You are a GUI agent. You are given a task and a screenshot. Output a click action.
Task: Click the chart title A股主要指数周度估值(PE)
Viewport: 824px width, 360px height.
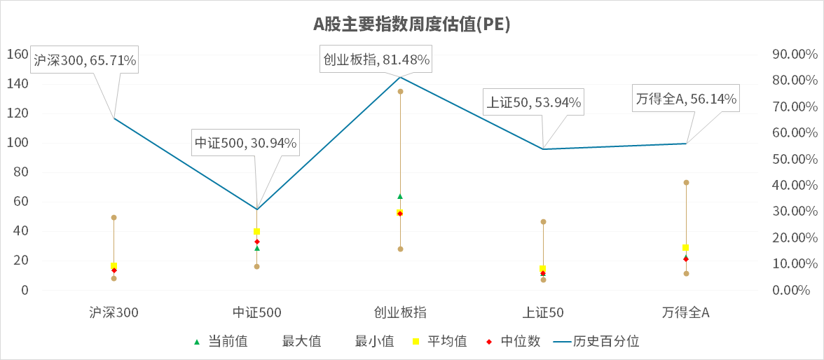[411, 25]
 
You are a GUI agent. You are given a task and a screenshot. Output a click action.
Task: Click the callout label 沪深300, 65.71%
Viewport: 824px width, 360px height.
[85, 61]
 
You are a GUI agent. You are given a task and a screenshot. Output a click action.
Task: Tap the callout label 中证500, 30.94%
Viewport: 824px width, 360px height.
[246, 144]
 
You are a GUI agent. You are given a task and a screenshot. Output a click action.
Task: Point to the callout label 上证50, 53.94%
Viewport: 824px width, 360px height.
[534, 102]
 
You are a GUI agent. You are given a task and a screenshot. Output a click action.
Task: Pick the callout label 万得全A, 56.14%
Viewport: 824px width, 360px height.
[686, 99]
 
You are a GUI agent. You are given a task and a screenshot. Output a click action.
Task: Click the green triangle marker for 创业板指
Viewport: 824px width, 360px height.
[400, 196]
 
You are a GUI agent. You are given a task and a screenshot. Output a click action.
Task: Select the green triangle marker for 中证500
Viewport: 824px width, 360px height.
[257, 248]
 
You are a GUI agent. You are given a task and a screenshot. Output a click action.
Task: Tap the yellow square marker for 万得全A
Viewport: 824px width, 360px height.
[686, 248]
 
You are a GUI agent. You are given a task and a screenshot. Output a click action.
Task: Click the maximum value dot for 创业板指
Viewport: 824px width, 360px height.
[400, 92]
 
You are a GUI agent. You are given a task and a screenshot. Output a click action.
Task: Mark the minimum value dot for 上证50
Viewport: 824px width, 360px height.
[543, 280]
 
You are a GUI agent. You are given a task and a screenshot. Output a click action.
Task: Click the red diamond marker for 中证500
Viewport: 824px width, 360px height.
[257, 242]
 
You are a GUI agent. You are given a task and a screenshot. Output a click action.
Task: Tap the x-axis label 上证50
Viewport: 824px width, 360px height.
[543, 313]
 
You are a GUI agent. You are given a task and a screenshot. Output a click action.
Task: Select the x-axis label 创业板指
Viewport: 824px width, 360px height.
[400, 313]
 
